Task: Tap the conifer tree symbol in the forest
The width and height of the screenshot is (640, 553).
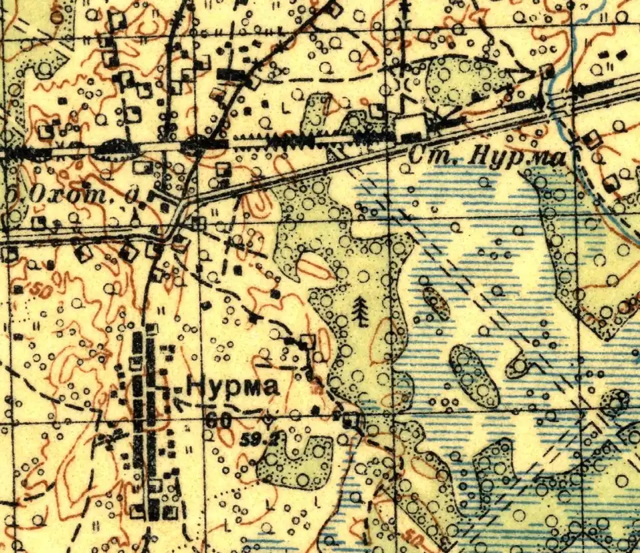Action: pyautogui.click(x=361, y=311)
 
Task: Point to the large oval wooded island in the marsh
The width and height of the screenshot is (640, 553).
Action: pyautogui.click(x=474, y=376)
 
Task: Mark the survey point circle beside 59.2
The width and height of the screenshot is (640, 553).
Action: pyautogui.click(x=267, y=420)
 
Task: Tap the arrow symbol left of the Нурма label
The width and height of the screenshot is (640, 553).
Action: pyautogui.click(x=179, y=400)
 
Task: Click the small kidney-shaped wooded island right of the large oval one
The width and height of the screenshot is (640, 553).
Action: pyautogui.click(x=519, y=366)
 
